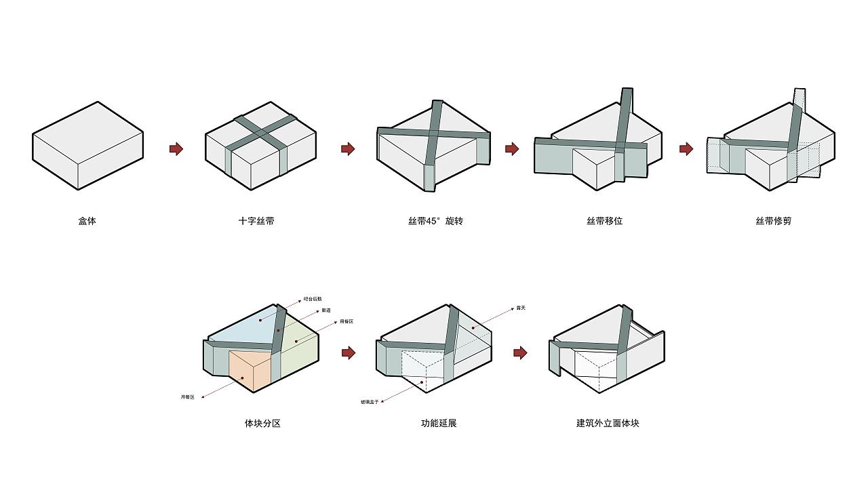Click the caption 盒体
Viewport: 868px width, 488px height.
pos(87,221)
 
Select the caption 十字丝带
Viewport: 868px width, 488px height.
pos(256,221)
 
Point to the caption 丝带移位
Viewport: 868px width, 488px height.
pos(604,221)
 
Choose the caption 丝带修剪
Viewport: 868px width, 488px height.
pos(773,221)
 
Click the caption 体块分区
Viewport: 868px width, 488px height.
pos(262,424)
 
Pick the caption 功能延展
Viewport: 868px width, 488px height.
pos(439,424)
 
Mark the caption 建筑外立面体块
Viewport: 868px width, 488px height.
pos(608,424)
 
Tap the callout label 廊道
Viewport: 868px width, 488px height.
pos(326,310)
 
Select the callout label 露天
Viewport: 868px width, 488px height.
pos(521,308)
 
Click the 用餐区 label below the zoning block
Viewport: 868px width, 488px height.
pos(187,396)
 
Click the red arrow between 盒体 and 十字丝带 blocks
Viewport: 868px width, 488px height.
pos(176,148)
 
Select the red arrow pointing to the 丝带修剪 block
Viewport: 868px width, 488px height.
pos(686,148)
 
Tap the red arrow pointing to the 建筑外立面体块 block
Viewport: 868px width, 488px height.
pos(520,352)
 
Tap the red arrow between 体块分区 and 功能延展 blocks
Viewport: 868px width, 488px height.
pos(349,352)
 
